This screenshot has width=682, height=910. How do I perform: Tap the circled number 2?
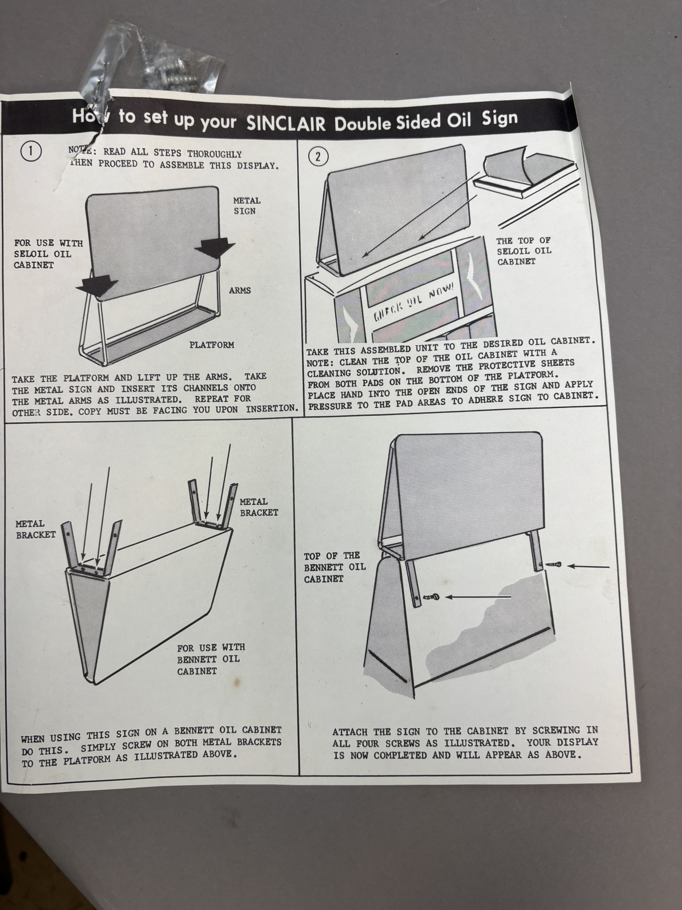point(318,156)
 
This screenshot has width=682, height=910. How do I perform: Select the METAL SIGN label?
point(247,206)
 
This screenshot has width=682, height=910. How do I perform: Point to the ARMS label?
point(240,291)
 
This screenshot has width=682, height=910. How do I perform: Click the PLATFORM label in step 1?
point(212,345)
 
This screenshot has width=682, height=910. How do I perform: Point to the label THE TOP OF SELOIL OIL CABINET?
point(524,251)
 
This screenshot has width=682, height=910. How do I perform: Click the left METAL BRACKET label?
point(36,529)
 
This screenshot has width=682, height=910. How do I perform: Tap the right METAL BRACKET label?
point(259,507)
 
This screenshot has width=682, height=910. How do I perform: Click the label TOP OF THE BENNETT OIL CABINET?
point(335,567)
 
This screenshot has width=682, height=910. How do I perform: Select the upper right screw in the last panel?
point(551,565)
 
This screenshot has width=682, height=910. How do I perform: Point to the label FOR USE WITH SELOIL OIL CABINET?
point(48,254)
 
